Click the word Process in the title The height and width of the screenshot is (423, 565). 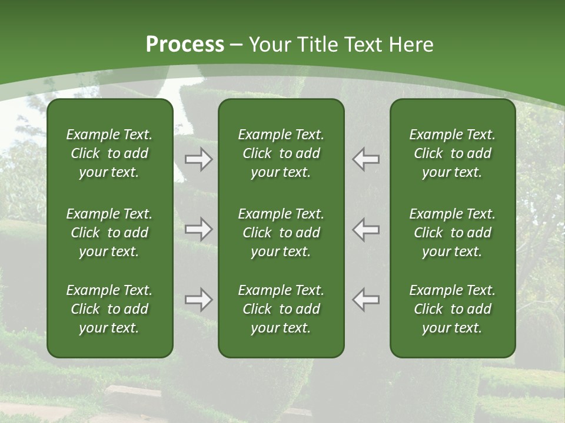pyautogui.click(x=185, y=45)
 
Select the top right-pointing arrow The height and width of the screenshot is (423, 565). pyautogui.click(x=199, y=159)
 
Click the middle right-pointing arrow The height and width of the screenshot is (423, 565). pyautogui.click(x=199, y=229)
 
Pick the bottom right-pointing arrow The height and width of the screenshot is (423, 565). pyautogui.click(x=199, y=300)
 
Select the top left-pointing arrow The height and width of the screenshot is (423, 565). pyautogui.click(x=366, y=159)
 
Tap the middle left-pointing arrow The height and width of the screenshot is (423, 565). pyautogui.click(x=366, y=229)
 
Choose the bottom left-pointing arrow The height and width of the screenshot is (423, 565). pyautogui.click(x=366, y=300)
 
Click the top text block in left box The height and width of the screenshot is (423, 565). pyautogui.click(x=109, y=153)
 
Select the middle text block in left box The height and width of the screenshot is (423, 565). pyautogui.click(x=109, y=233)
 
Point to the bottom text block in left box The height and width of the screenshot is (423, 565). pyautogui.click(x=109, y=309)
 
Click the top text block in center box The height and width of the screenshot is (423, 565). pyautogui.click(x=281, y=153)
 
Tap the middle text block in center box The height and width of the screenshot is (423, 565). pyautogui.click(x=281, y=233)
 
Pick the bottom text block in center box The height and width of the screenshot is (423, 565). pyautogui.click(x=281, y=309)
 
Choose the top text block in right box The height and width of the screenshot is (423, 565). pyautogui.click(x=452, y=153)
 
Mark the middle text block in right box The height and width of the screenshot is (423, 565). pyautogui.click(x=452, y=233)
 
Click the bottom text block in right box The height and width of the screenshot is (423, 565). pyautogui.click(x=452, y=309)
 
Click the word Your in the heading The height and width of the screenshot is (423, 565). pyautogui.click(x=268, y=45)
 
